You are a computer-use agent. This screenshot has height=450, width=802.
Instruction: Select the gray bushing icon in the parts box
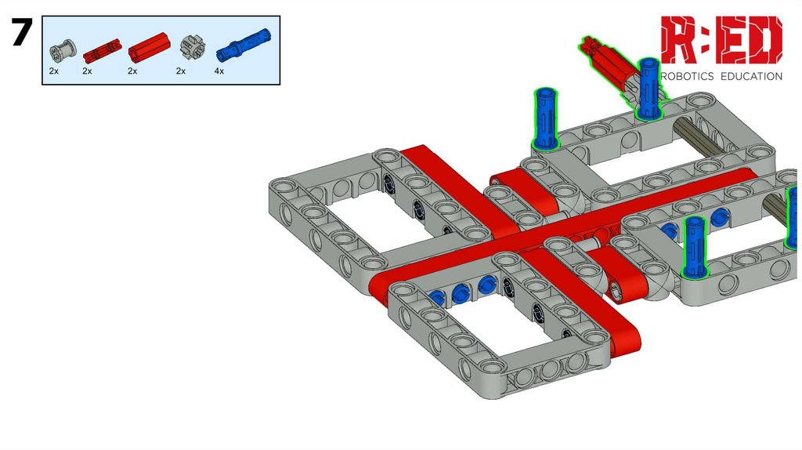coord(63,49)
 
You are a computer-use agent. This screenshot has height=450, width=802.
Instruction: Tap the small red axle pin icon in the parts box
coord(102,49)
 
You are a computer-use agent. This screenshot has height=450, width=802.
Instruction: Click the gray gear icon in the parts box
coord(193,47)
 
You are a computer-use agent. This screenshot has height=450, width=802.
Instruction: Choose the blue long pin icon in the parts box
coord(244,44)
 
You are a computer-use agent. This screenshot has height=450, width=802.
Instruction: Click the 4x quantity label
coord(219,71)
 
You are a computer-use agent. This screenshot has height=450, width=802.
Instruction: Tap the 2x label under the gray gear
coord(181,71)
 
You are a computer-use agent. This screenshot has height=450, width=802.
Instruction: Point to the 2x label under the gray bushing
coord(54,71)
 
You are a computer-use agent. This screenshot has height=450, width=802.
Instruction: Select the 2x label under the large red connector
coord(132,71)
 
